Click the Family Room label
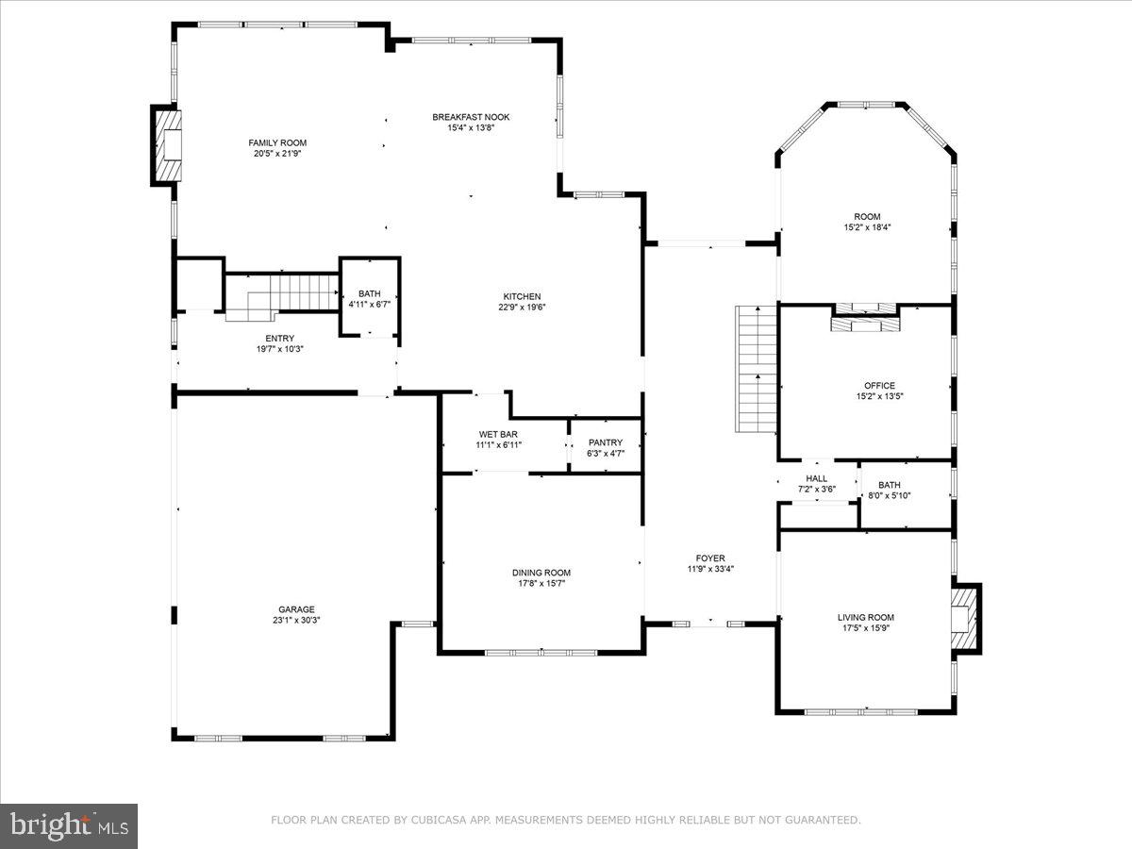pos(277,142)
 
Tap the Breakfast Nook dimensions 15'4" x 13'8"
pos(471,127)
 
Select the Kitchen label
pos(521,296)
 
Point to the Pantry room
pos(605,447)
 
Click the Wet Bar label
pos(498,434)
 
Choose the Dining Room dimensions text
pos(541,583)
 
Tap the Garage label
pos(296,609)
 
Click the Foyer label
pos(710,558)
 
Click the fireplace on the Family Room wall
pos(168,145)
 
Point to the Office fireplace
pos(865,319)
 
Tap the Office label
pos(879,385)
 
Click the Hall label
pos(816,478)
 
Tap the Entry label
pos(279,339)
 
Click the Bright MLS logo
pos(69,826)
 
